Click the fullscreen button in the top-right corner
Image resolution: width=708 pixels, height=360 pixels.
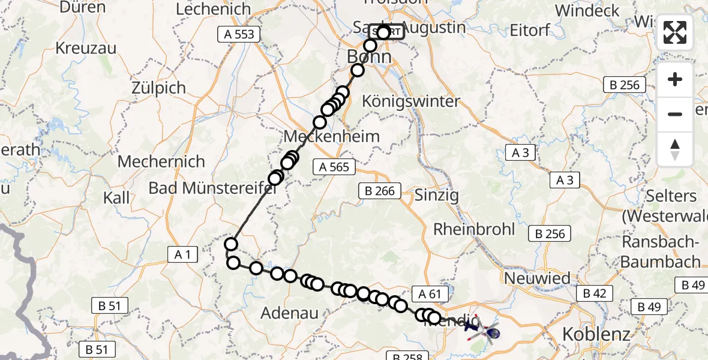(x=675, y=32)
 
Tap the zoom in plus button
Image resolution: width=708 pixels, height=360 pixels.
(x=675, y=79)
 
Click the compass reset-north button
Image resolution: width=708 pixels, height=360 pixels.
(x=675, y=149)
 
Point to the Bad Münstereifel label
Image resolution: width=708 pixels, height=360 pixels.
(x=212, y=188)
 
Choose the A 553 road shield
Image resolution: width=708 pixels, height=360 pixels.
(x=239, y=34)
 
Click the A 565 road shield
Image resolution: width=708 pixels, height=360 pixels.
(x=334, y=167)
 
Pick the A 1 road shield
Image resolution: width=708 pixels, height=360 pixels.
(x=182, y=255)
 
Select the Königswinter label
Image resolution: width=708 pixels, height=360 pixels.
(x=411, y=101)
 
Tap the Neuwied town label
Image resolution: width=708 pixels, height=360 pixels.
(x=537, y=278)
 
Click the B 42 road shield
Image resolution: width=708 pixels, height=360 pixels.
(x=595, y=293)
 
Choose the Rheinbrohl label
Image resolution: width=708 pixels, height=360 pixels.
(x=474, y=229)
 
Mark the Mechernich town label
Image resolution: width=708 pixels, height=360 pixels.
(x=161, y=161)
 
